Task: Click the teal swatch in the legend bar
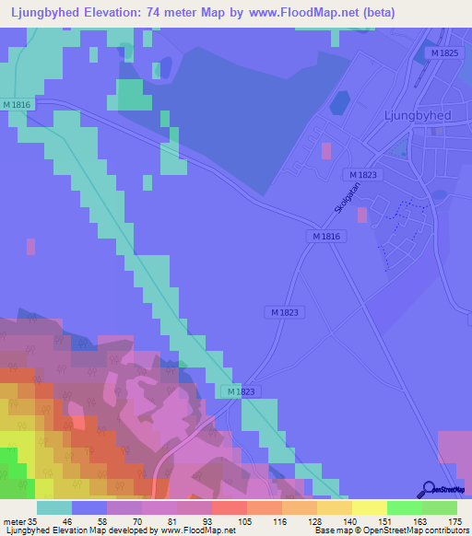pyautogui.click(x=54, y=507)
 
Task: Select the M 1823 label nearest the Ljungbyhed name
pyautogui.click(x=364, y=174)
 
